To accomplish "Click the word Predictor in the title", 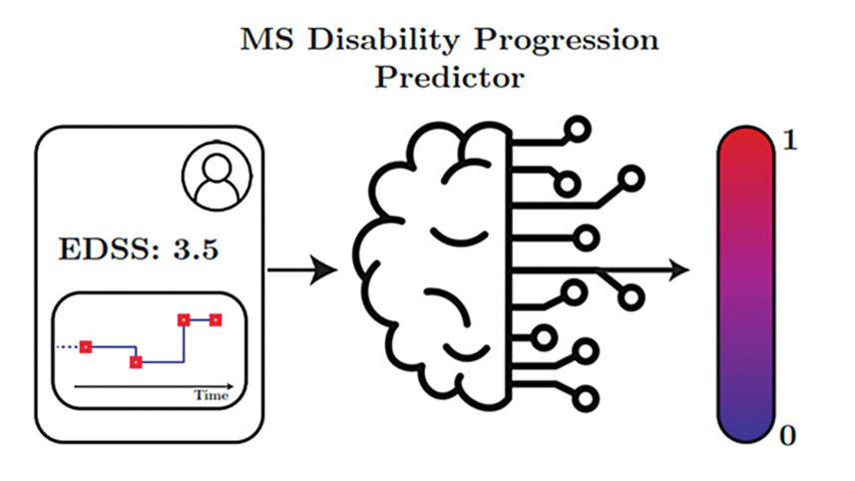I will [x=449, y=78].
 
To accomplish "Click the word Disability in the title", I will [x=380, y=42].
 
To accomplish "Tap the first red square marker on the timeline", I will [x=86, y=346].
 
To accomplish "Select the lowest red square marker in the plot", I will [x=136, y=361].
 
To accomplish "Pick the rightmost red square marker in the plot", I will [x=214, y=320].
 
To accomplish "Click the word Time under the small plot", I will [x=211, y=395].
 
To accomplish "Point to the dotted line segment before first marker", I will [x=67, y=346].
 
